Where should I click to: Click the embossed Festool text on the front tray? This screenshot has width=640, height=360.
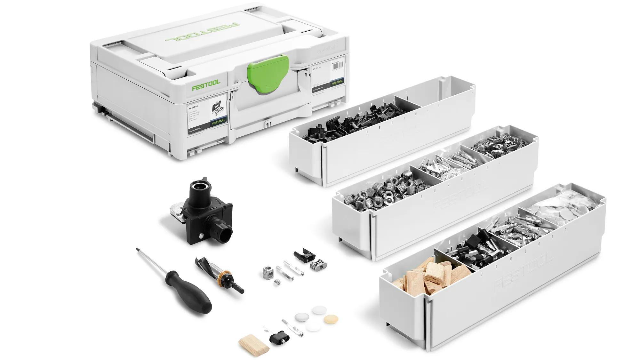point(525,272)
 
